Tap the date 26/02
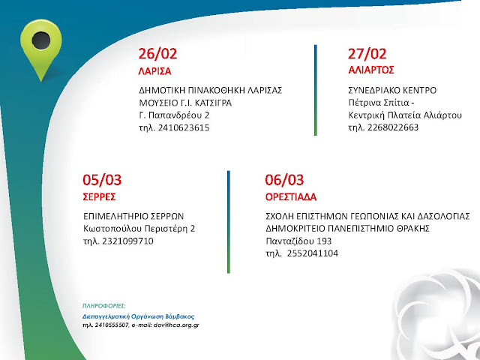157,54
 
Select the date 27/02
367,54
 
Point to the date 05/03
102,180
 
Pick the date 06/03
284,180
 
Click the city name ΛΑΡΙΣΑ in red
154,72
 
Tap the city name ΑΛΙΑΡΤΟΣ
371,70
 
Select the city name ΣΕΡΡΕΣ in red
99,196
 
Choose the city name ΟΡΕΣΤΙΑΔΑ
291,196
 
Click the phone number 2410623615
184,128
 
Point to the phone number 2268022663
393,127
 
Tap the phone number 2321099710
127,241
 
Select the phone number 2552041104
313,253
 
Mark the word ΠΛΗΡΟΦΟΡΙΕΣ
104,306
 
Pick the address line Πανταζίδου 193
298,241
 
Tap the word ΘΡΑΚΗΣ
410,229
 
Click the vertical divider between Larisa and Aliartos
316,90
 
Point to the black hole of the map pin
41,40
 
